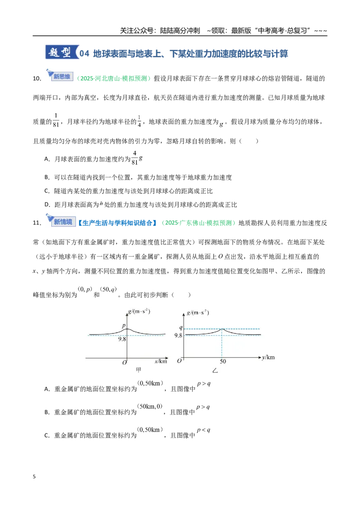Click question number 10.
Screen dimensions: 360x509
[37, 79]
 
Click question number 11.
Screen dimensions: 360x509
[37, 223]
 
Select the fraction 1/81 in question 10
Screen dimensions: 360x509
[56, 120]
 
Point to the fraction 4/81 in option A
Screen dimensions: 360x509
[135, 158]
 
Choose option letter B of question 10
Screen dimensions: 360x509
[47, 178]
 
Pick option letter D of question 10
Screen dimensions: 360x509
[47, 205]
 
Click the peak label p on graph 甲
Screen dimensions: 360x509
[123, 325]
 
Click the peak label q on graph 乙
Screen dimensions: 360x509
[181, 327]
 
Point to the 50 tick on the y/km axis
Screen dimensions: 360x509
[223, 362]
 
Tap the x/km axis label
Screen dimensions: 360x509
[161, 361]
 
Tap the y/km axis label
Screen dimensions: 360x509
[268, 357]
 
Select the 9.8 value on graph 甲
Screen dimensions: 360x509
[122, 339]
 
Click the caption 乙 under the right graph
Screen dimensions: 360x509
[215, 371]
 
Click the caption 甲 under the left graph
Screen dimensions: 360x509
[139, 370]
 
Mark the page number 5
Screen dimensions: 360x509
[34, 477]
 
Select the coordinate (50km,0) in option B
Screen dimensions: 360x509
[150, 406]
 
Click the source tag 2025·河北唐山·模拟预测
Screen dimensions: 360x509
[113, 79]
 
